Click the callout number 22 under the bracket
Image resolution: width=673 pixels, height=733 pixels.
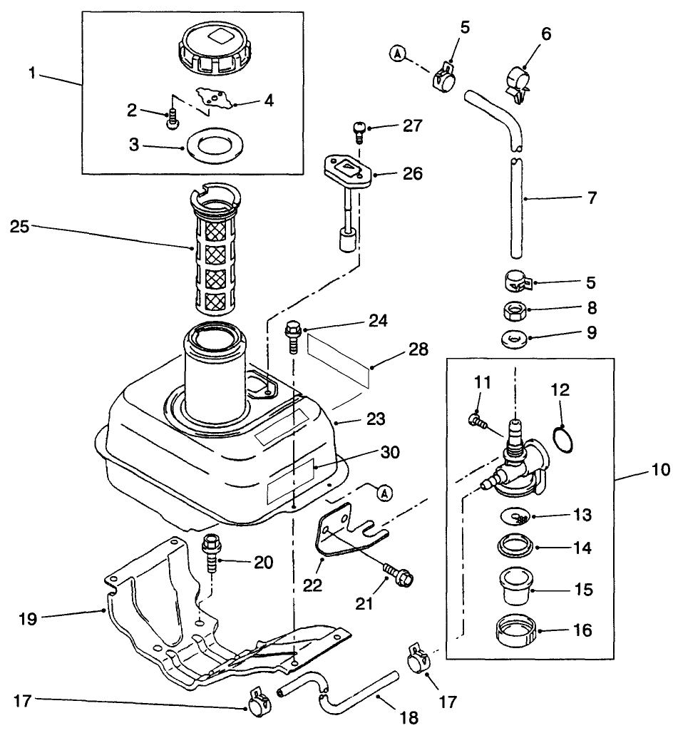click(313, 585)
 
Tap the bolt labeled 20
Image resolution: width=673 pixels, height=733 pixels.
click(212, 550)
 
